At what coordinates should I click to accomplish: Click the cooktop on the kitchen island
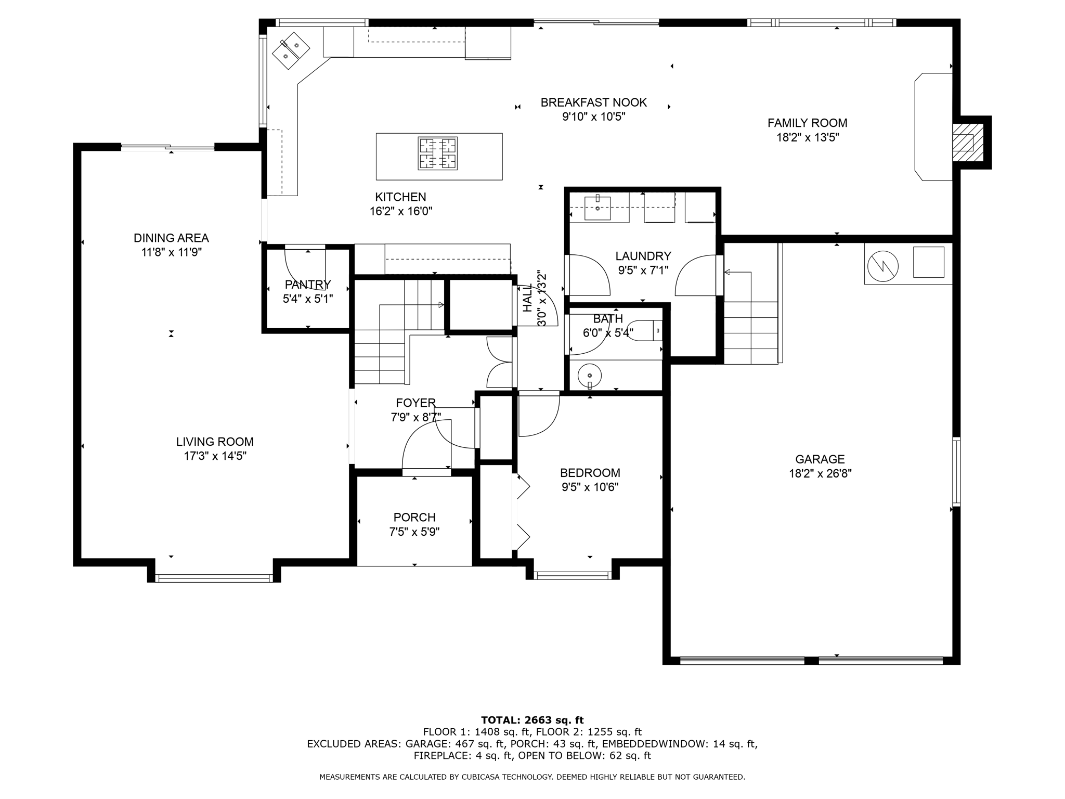(438, 153)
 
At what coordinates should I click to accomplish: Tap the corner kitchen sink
(291, 50)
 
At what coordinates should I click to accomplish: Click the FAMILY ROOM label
(807, 123)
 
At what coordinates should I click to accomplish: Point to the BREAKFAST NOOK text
(593, 102)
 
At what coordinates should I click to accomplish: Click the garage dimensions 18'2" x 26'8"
(820, 474)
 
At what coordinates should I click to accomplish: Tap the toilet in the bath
(645, 331)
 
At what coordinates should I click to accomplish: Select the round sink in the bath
(590, 375)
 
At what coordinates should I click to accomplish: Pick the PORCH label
(414, 518)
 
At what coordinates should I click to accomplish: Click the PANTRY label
(307, 285)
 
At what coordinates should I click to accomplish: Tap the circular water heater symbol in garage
(883, 266)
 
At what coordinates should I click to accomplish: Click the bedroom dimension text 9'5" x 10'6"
(590, 487)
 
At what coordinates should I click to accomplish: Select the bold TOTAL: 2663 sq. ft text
(532, 720)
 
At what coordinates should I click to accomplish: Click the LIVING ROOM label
(215, 442)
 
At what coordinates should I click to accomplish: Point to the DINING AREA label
(171, 238)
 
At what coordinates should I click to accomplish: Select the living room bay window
(214, 578)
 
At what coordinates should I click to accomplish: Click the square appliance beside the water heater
(928, 262)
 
